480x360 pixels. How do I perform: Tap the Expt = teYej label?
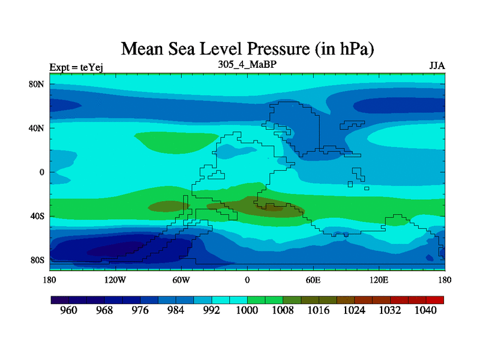pos(77,67)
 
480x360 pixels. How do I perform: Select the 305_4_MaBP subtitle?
pos(247,64)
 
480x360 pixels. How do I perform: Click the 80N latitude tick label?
pos(37,84)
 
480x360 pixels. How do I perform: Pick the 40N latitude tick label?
pos(37,128)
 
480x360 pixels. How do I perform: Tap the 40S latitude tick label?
pos(37,216)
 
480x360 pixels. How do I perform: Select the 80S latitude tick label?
pos(37,260)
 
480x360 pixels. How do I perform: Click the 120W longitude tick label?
pos(115,280)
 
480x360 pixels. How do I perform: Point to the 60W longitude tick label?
pos(181,280)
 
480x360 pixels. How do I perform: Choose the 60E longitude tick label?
pos(313,280)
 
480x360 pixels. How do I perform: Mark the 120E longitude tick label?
pos(379,280)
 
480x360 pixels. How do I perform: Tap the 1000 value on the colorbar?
pos(247,310)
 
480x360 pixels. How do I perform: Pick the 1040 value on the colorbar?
pos(426,310)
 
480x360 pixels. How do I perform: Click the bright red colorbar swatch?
pos(436,299)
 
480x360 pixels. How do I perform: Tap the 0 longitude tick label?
pos(247,280)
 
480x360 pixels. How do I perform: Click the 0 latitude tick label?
pos(42,172)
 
